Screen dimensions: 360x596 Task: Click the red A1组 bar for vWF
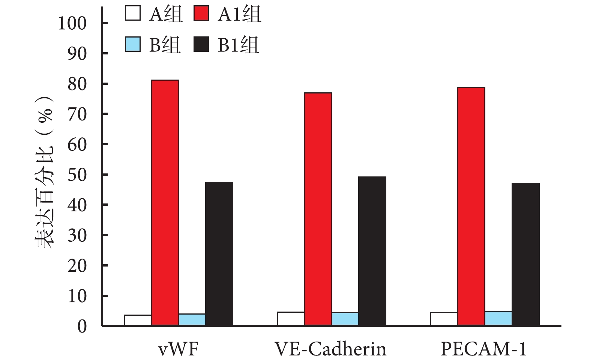click(165, 203)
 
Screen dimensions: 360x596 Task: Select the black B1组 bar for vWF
click(219, 253)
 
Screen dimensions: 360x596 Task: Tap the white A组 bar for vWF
click(138, 320)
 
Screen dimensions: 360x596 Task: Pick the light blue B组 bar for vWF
click(192, 319)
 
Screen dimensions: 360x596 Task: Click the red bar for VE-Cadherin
click(318, 209)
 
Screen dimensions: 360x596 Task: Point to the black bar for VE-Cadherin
click(372, 251)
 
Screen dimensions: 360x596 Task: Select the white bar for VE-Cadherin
click(291, 319)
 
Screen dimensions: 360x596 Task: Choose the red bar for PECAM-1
click(471, 206)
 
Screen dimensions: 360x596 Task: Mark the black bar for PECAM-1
click(525, 254)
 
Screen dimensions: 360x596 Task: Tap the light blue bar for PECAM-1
click(498, 318)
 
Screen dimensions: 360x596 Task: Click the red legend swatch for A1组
click(201, 14)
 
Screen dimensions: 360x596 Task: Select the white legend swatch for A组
click(133, 14)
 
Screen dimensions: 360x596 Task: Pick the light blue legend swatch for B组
click(133, 44)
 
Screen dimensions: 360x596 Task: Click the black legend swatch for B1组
click(201, 44)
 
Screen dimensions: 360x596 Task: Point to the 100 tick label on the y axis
click(72, 23)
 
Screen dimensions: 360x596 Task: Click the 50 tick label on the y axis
click(77, 175)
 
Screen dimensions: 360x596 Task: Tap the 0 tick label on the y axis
click(82, 327)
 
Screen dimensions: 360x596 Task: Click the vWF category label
click(178, 349)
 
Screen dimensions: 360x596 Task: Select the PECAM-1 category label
click(483, 349)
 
